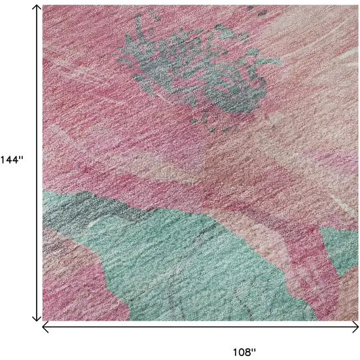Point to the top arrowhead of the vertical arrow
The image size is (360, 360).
(x=37, y=8)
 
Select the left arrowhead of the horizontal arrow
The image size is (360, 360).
(x=45, y=325)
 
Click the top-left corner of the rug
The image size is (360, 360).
(x=43, y=6)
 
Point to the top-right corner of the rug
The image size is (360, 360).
(x=358, y=6)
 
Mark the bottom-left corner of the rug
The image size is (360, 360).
(x=43, y=320)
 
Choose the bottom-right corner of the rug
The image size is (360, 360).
(x=358, y=320)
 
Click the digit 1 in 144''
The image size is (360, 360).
(x=3, y=160)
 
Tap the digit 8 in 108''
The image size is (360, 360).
(x=251, y=351)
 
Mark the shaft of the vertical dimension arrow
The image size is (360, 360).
(x=37, y=98)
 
